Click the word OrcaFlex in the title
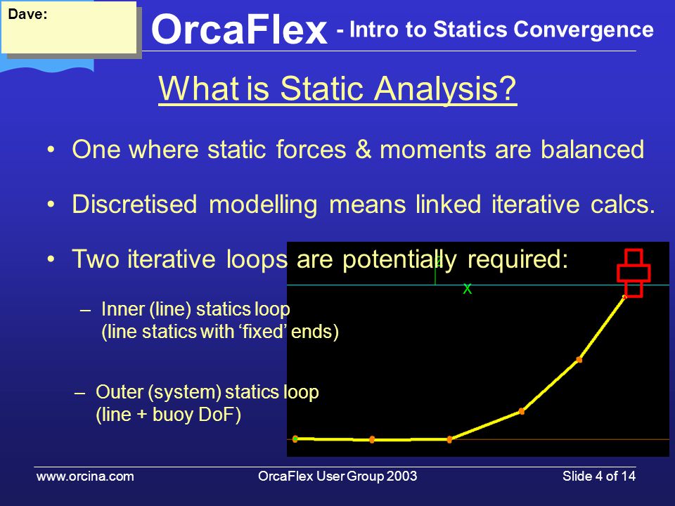(239, 30)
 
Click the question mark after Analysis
(508, 89)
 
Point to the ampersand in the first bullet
(363, 149)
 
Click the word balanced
(592, 149)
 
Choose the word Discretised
(134, 204)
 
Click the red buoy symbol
(634, 273)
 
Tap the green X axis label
(467, 289)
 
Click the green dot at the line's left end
(295, 439)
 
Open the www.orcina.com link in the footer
(85, 476)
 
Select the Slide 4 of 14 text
(599, 476)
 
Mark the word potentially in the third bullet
(399, 259)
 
